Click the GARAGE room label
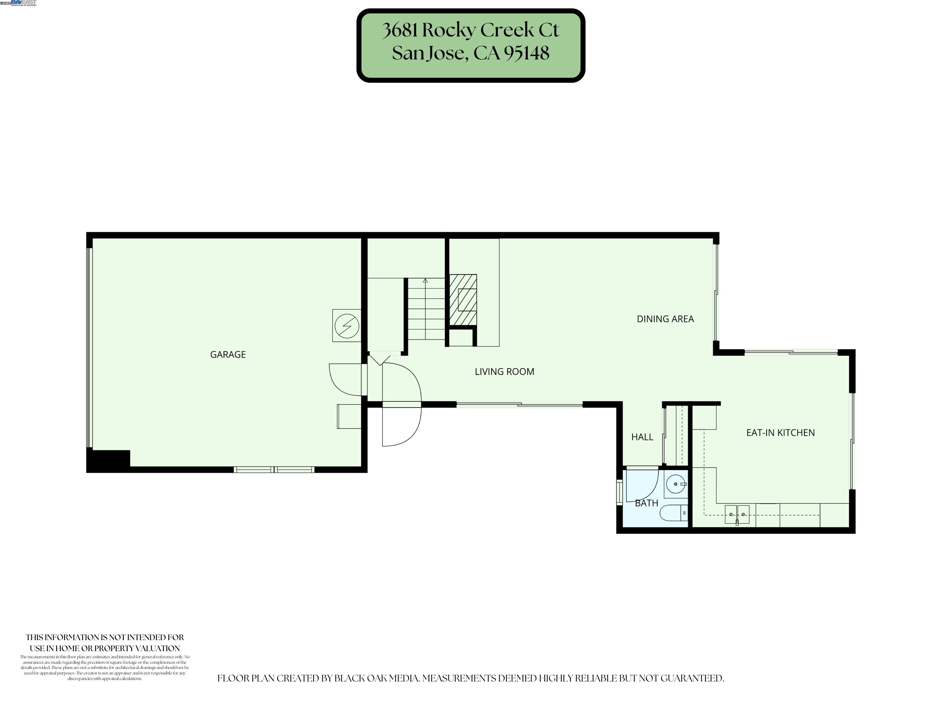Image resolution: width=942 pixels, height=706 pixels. (x=228, y=355)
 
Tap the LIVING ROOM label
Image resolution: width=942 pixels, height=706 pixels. (x=504, y=371)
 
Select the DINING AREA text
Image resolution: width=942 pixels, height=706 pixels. (x=665, y=319)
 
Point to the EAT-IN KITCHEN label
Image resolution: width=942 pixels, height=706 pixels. (x=780, y=432)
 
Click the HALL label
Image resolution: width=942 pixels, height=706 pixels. (x=642, y=437)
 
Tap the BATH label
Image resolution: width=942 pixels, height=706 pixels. (x=646, y=503)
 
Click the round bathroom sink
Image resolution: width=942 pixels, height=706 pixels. (x=676, y=484)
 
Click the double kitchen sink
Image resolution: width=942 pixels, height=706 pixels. (x=737, y=514)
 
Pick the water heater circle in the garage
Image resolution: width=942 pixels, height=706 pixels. (x=347, y=326)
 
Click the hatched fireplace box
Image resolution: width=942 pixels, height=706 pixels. (x=463, y=299)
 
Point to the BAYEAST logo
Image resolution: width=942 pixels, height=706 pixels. (x=23, y=3)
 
